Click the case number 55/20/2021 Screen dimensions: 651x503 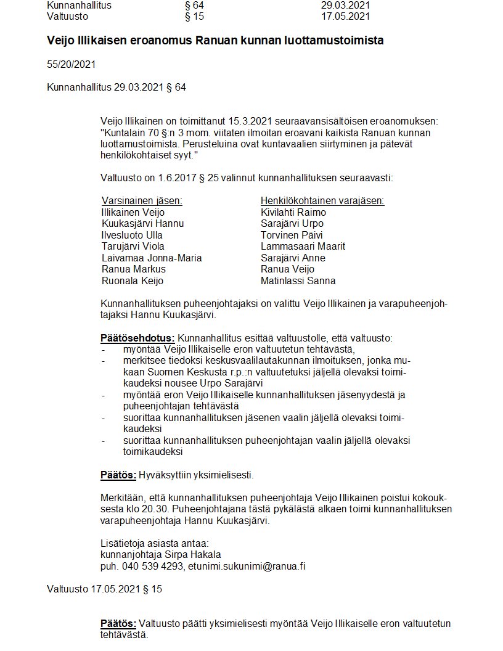[71, 64]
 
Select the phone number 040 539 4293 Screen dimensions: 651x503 [150, 566]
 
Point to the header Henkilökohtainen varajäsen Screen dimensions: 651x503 [322, 201]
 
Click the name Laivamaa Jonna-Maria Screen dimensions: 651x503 [151, 258]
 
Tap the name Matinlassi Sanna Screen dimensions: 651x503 [298, 281]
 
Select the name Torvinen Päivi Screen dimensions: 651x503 [292, 235]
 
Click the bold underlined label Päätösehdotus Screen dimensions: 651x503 [137, 338]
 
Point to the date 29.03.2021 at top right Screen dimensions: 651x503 [345, 6]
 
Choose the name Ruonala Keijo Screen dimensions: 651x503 [132, 281]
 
